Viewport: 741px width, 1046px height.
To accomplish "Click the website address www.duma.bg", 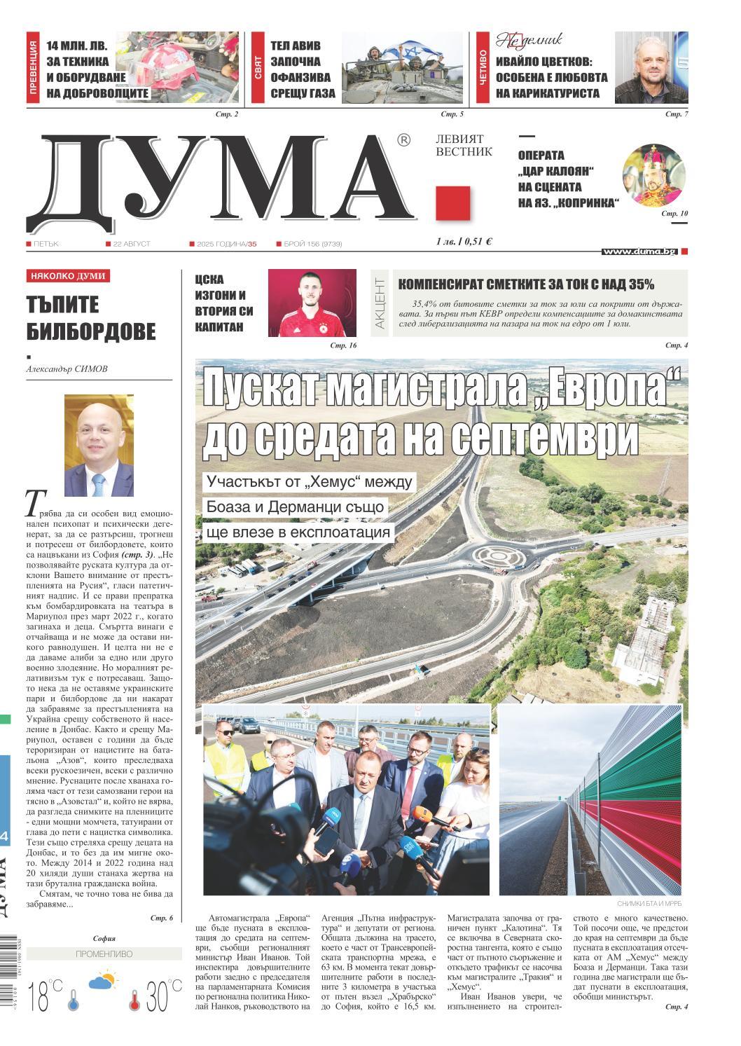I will point(639,251).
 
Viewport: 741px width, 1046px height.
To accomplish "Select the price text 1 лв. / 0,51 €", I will point(463,242).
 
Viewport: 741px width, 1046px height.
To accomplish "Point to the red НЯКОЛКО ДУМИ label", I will point(68,276).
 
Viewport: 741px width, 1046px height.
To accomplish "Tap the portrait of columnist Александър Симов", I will point(99,446).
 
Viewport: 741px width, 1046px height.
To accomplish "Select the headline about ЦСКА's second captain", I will point(224,303).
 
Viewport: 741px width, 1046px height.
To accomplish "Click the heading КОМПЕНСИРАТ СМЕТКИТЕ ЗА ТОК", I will point(526,284).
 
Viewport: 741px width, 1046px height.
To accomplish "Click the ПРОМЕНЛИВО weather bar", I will point(103,954).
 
